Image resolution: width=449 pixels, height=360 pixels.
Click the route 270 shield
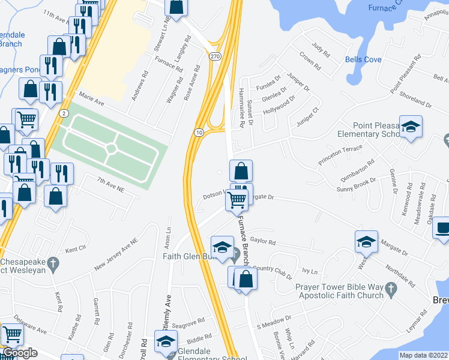click(214, 56)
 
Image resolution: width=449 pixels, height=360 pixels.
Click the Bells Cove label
click(363, 59)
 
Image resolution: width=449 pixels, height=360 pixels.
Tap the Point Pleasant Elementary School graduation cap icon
click(411, 127)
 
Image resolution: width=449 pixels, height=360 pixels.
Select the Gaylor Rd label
click(263, 242)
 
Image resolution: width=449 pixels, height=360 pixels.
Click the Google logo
click(20, 352)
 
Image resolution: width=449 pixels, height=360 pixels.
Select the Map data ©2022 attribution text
click(423, 355)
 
